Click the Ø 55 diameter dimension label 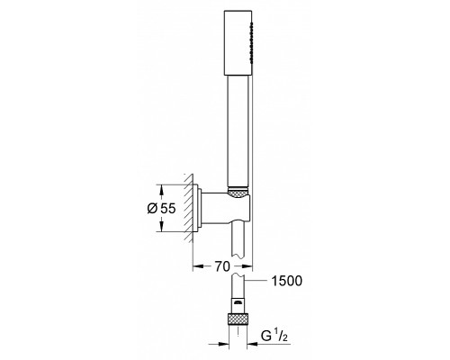pos(161,209)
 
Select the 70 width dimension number pos(222,266)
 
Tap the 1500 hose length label pos(287,281)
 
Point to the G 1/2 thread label pos(274,336)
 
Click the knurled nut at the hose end pos(238,319)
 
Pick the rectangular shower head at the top pos(238,43)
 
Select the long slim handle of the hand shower pos(238,131)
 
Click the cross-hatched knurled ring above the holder pos(238,193)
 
